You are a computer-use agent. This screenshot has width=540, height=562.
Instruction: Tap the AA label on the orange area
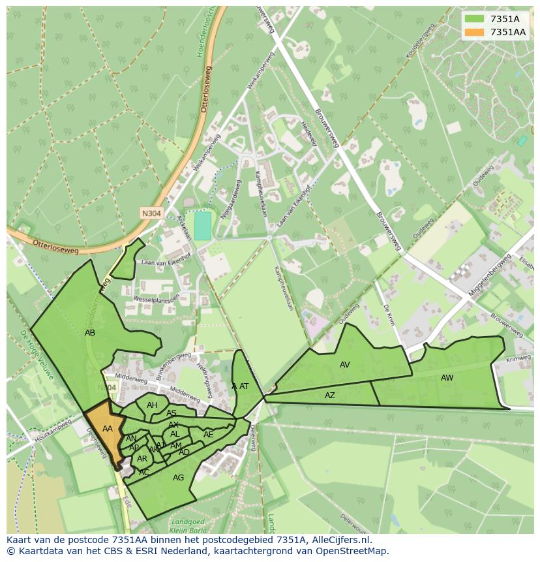(x=108, y=429)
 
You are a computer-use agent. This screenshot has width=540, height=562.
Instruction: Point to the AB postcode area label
(x=90, y=333)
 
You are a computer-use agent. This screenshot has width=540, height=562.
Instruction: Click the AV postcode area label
(x=345, y=365)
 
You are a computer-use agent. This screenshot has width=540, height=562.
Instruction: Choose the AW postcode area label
(x=447, y=378)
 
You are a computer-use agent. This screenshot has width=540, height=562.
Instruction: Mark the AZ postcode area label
(x=330, y=396)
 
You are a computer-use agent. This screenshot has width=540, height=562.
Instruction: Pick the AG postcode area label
(x=178, y=478)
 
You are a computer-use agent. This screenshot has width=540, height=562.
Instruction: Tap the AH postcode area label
(x=152, y=405)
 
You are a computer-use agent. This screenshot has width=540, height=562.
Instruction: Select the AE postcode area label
(x=209, y=435)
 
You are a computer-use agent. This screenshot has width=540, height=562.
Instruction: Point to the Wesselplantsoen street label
(x=156, y=298)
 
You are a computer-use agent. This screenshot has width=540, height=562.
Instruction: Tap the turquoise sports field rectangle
(x=203, y=226)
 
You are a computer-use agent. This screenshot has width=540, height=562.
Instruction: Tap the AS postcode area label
(x=172, y=413)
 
